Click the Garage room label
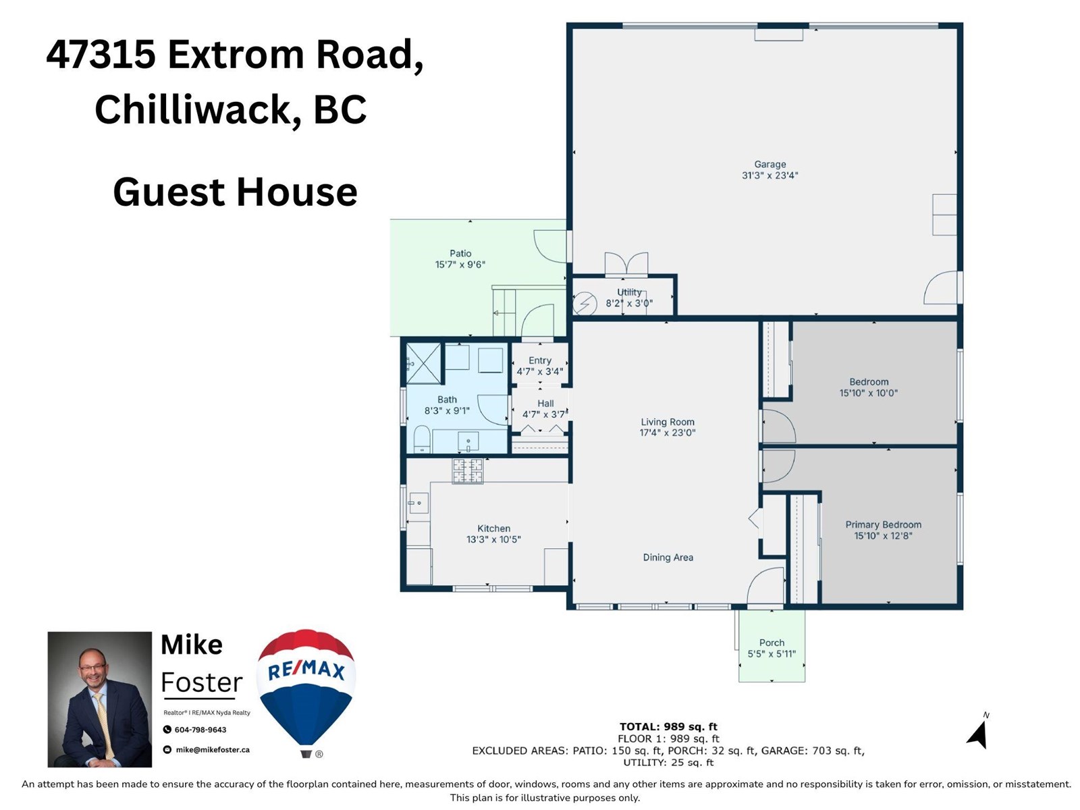[x=769, y=164]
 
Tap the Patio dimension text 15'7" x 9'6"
[x=460, y=265]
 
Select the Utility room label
[x=629, y=292]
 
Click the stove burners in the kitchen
[x=468, y=471]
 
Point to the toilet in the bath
[x=422, y=439]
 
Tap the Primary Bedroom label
[x=883, y=524]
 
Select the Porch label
[x=772, y=643]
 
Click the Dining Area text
[x=668, y=557]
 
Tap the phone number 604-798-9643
[x=200, y=730]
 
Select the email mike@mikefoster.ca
[x=212, y=749]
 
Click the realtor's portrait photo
[x=100, y=699]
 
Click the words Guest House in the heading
[x=235, y=192]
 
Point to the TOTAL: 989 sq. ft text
[x=668, y=726]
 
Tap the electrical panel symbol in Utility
[x=585, y=303]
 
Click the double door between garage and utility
[x=626, y=265]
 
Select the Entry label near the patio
[x=539, y=360]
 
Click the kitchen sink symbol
[x=418, y=502]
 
